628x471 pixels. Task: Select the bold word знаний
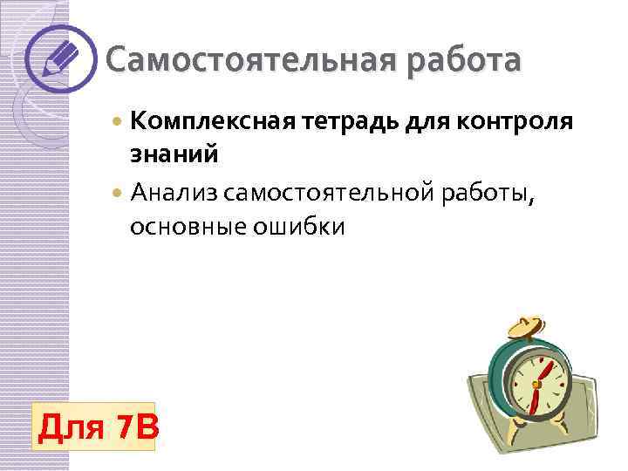click(x=174, y=155)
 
